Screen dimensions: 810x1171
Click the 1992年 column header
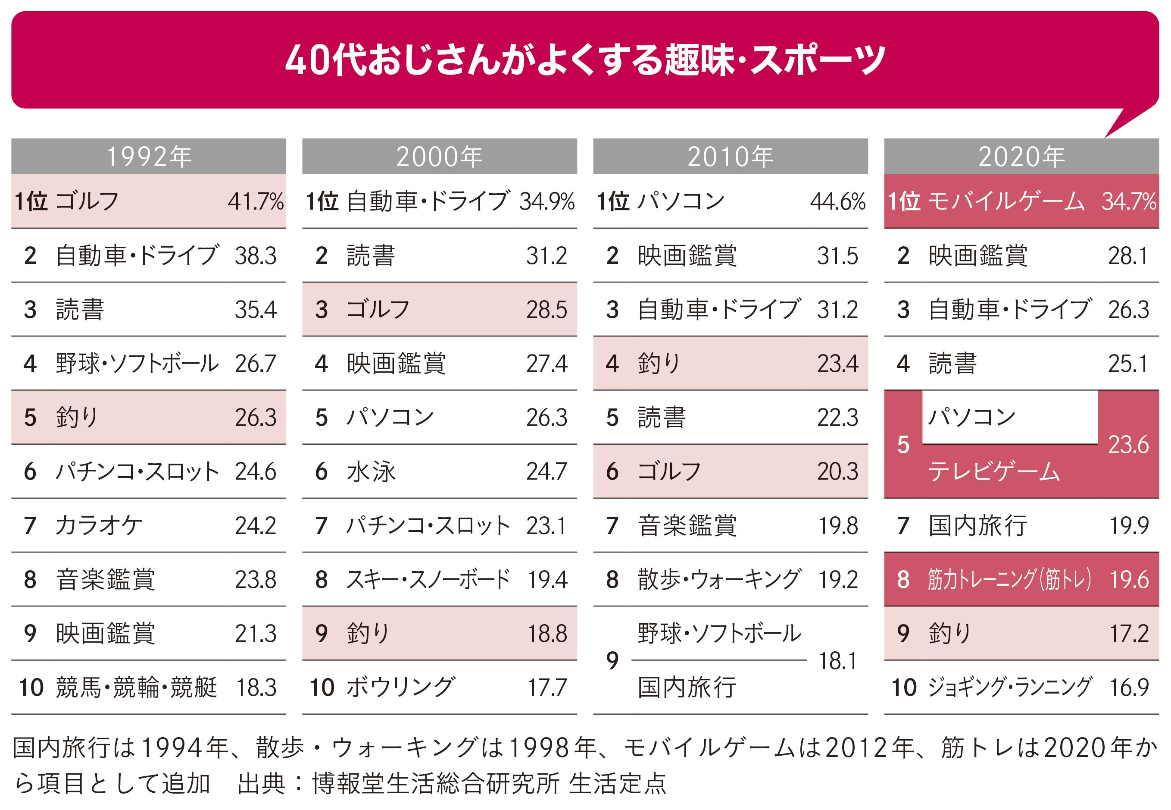tap(149, 156)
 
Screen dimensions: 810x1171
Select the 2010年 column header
tap(730, 156)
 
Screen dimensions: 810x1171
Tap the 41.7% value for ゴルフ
tap(255, 201)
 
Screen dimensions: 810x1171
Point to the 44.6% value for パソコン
tap(837, 201)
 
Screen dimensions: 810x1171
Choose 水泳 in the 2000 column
tap(371, 471)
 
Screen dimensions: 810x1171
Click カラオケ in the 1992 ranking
tap(99, 525)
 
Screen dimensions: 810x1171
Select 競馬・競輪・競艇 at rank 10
tap(136, 687)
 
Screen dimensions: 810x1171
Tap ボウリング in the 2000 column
tap(401, 687)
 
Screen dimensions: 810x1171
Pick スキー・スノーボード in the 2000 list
tap(428, 580)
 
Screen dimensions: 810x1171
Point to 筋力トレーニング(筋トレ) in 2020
tap(1009, 580)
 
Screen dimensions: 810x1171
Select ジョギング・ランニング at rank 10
tap(1009, 687)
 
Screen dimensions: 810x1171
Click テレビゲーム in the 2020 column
tap(994, 471)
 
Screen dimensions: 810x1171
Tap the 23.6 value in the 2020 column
tap(1128, 445)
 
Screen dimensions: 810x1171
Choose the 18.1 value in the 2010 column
tap(837, 661)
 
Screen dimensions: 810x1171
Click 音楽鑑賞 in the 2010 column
tap(687, 525)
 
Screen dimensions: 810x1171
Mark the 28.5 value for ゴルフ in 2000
tap(546, 310)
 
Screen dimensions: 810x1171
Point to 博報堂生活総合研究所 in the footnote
tap(436, 783)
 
